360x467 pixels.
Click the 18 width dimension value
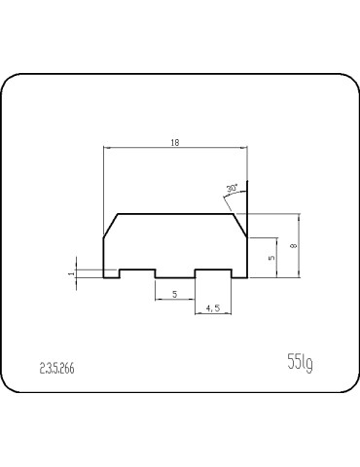(x=174, y=142)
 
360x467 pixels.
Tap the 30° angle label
(x=231, y=188)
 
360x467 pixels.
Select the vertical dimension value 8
(x=293, y=246)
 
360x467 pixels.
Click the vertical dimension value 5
(x=271, y=257)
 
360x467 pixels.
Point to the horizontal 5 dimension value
(x=174, y=293)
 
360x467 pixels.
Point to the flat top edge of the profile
(x=175, y=213)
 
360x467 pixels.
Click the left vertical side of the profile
(x=104, y=257)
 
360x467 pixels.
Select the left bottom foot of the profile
(x=111, y=277)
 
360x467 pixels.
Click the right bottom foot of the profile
(x=239, y=277)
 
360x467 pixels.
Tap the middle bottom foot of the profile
(x=175, y=277)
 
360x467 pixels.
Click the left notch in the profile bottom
(x=137, y=269)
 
